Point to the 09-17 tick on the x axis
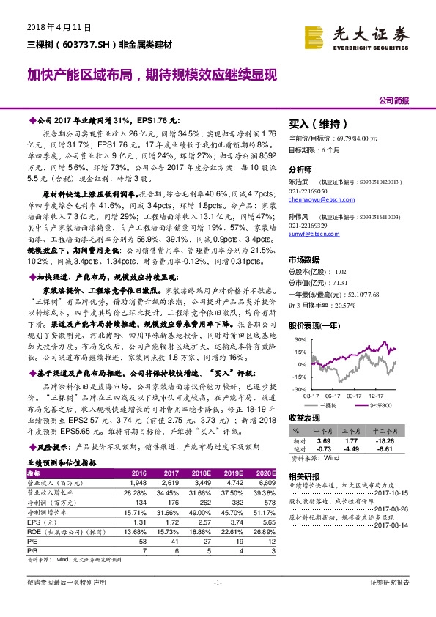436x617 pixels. coord(356,394)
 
